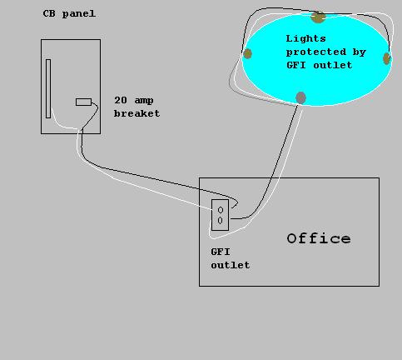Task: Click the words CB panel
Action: pyautogui.click(x=69, y=14)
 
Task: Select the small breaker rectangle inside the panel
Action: pyautogui.click(x=83, y=102)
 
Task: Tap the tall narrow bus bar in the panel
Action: pyautogui.click(x=48, y=88)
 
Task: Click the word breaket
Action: pyautogui.click(x=136, y=113)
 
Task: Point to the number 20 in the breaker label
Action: pyautogui.click(x=121, y=100)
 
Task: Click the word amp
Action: pyautogui.click(x=144, y=101)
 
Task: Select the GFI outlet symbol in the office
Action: pyautogui.click(x=221, y=215)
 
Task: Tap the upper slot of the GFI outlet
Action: pyautogui.click(x=221, y=210)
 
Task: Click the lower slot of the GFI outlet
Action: pyautogui.click(x=221, y=221)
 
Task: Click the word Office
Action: pyautogui.click(x=319, y=238)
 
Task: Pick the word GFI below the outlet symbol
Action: pyautogui.click(x=221, y=252)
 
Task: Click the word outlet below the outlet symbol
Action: pyautogui.click(x=231, y=265)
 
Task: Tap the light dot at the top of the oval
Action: pyautogui.click(x=318, y=17)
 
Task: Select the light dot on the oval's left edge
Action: pyautogui.click(x=247, y=53)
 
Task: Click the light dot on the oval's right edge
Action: pyautogui.click(x=386, y=58)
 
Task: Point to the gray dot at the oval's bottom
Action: pyautogui.click(x=300, y=97)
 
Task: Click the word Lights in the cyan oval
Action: pyautogui.click(x=305, y=38)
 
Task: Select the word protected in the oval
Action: pyautogui.click(x=316, y=52)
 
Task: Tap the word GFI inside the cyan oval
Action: pyautogui.click(x=296, y=65)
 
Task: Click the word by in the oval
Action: pyautogui.click(x=360, y=52)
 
